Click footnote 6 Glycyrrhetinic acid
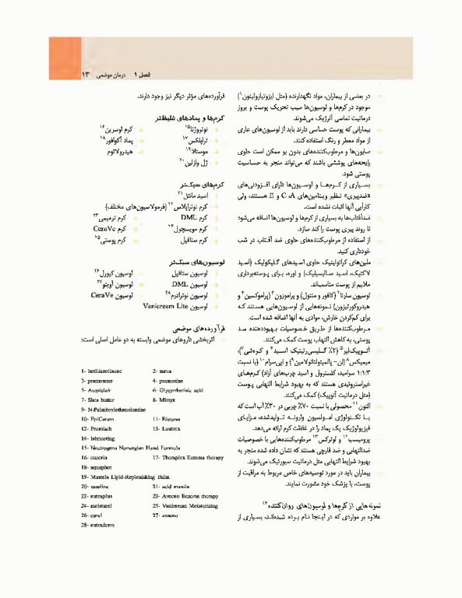pyautogui.click(x=184, y=391)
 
